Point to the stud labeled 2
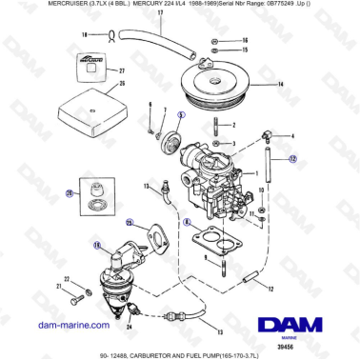[x=217, y=126]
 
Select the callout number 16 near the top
[x=245, y=42]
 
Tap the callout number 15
[x=245, y=52]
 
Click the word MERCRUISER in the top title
[x=27, y=6]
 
